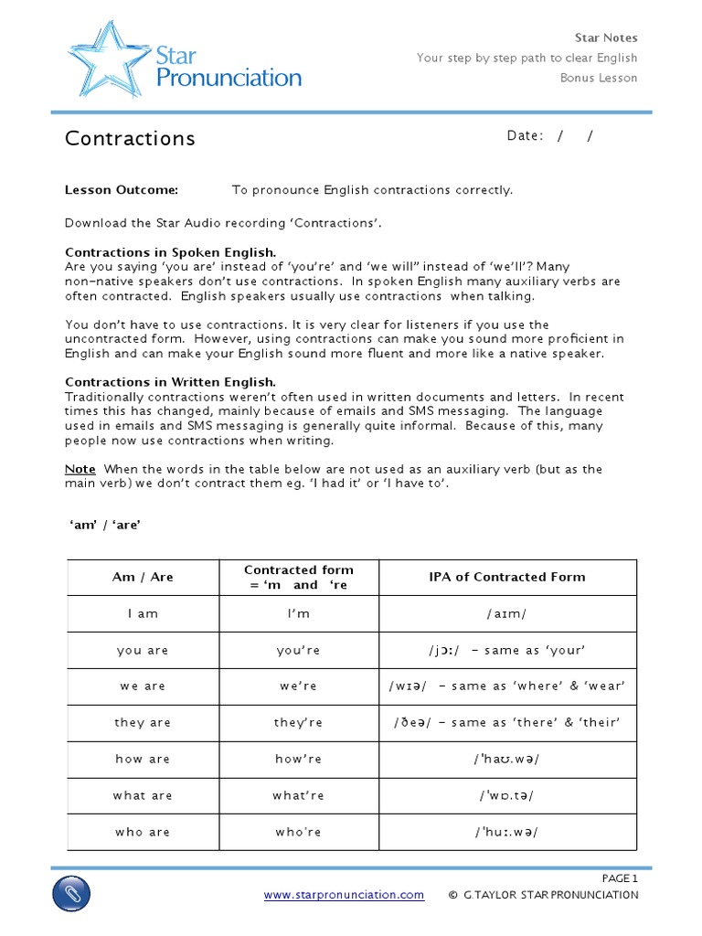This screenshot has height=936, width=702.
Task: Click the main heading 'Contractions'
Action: coord(130,138)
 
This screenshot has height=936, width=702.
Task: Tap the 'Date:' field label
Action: coord(525,136)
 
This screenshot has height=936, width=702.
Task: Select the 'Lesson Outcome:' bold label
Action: coord(122,190)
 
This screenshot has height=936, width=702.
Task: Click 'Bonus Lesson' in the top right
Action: coord(599,78)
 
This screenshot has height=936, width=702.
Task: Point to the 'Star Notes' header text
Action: coord(605,37)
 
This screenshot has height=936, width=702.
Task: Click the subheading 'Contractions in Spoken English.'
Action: coord(170,252)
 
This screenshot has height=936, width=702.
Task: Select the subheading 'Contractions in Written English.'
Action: coord(170,382)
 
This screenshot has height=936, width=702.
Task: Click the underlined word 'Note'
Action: coord(80,469)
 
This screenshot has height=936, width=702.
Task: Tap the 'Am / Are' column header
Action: coord(143,577)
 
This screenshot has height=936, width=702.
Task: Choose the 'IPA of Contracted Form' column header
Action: coord(506,577)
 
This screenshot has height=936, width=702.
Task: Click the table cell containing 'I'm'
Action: coord(298,613)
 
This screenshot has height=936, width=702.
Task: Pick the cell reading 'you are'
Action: coord(143,650)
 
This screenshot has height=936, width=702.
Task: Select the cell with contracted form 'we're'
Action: coord(298,686)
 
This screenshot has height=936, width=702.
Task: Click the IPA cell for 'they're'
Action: coord(506,723)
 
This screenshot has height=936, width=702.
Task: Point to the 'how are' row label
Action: coord(143,760)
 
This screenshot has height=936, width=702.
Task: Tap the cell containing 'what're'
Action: coord(298,795)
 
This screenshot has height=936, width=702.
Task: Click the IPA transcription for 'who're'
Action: coord(506,832)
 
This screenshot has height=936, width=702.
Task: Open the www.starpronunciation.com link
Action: coord(344,895)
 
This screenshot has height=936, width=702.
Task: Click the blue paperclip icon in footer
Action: coord(71,892)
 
